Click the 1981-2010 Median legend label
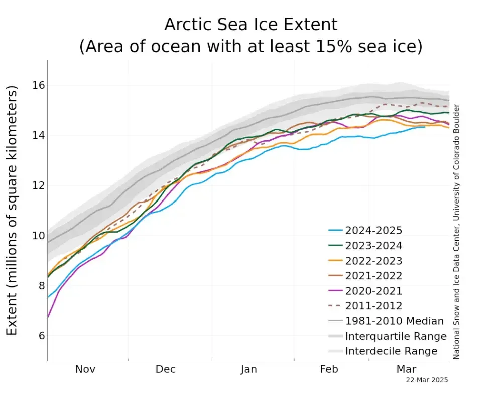(x=395, y=321)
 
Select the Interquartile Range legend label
(x=396, y=336)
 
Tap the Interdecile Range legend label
(x=391, y=351)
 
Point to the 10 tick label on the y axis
(x=38, y=236)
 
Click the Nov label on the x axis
(x=85, y=369)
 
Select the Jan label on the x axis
(x=248, y=369)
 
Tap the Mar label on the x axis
(x=407, y=369)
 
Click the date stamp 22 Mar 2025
(x=427, y=380)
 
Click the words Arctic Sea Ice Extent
(x=250, y=24)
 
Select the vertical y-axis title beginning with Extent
(x=12, y=211)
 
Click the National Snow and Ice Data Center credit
(x=456, y=232)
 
